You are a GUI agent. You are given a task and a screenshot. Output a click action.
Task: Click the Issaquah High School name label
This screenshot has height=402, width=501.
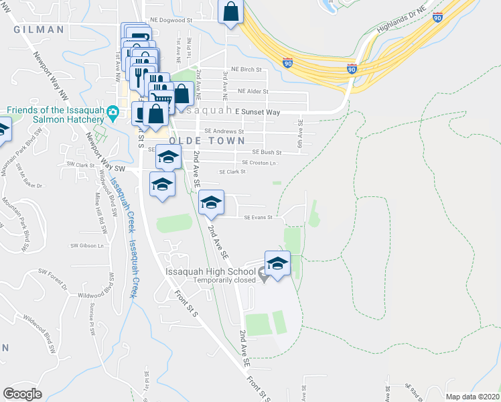(x=211, y=272)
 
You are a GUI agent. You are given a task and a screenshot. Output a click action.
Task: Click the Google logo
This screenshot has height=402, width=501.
(x=22, y=394)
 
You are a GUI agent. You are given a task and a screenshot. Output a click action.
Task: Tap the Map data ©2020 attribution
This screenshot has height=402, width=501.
(x=472, y=397)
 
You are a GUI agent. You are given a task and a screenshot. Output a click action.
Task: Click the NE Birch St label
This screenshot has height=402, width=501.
(x=245, y=69)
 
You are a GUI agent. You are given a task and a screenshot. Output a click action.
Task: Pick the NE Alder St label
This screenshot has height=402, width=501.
(x=249, y=91)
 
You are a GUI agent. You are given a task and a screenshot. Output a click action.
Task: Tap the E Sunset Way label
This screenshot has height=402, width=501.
(x=257, y=113)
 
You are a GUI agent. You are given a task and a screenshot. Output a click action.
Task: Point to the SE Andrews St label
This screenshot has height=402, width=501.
(x=224, y=131)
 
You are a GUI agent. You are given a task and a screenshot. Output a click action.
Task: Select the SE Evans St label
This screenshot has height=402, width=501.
(x=258, y=217)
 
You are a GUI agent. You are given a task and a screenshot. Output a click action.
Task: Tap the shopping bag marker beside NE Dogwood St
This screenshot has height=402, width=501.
(x=230, y=12)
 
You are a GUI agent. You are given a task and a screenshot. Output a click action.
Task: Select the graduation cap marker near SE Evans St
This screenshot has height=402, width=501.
(x=211, y=202)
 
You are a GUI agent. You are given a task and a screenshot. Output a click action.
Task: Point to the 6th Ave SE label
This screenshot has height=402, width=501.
(x=301, y=134)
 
